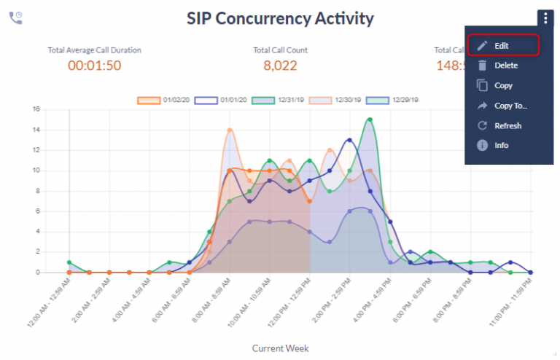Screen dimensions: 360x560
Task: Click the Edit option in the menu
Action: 502,45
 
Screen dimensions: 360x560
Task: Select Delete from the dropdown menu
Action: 505,66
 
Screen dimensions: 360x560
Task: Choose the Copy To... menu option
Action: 510,106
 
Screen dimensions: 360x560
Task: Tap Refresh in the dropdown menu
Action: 507,125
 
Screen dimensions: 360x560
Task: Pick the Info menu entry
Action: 501,145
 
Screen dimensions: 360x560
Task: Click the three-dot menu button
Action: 545,18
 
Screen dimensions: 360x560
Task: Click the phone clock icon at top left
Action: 15,17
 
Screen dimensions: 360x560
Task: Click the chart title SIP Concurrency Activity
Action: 280,18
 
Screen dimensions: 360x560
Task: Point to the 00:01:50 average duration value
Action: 94,66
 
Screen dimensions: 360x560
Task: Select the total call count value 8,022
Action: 280,66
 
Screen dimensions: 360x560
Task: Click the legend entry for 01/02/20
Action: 166,100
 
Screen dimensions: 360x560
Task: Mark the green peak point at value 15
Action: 370,120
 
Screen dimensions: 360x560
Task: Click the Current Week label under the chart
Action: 280,348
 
